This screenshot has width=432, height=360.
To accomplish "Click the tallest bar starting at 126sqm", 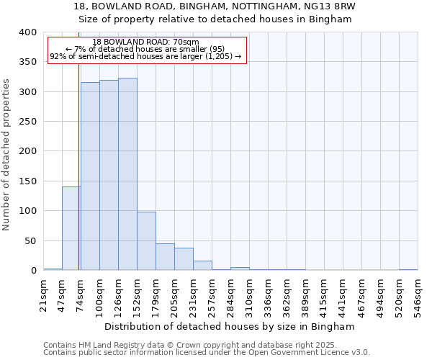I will coord(127,174).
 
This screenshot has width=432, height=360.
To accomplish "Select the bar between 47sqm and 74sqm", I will coord(71,228).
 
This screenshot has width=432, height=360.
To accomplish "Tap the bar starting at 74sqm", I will coord(90,176).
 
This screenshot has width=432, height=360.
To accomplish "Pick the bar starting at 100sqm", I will coord(109,175).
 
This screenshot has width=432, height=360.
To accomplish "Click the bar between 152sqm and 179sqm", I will coord(146,240).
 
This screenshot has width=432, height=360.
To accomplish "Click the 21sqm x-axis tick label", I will coord(43,296).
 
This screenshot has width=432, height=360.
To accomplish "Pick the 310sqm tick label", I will coord(249,296).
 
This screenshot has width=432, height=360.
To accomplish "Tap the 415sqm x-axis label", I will coord(324,296).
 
